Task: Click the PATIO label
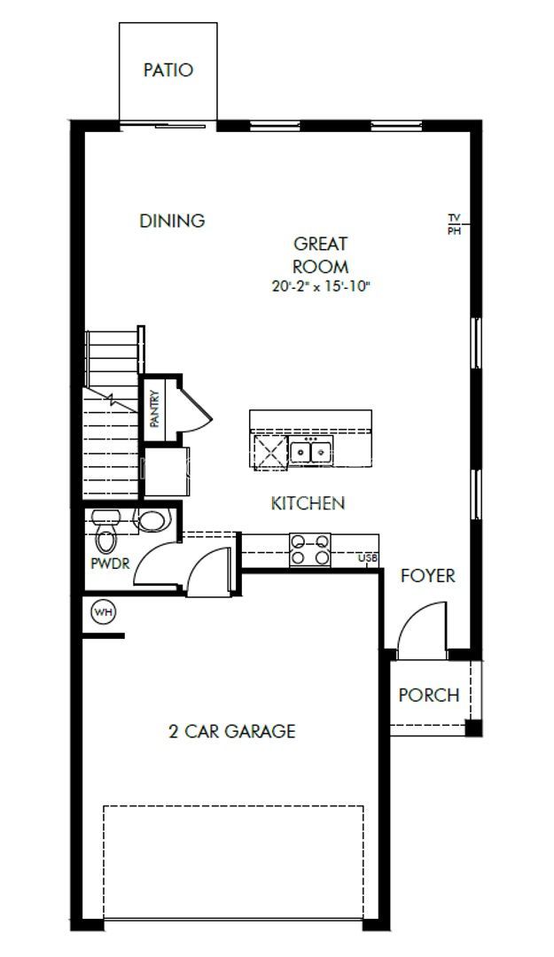(x=168, y=70)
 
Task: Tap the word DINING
(x=172, y=221)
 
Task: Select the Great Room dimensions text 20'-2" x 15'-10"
(x=320, y=286)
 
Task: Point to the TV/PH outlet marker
(x=454, y=223)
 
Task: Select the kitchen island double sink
(x=309, y=452)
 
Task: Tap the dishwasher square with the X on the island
(x=269, y=452)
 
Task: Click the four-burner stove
(x=309, y=549)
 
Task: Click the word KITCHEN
(x=307, y=503)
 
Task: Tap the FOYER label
(x=427, y=576)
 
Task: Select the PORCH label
(x=428, y=695)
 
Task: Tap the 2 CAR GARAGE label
(x=231, y=731)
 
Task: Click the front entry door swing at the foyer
(x=421, y=629)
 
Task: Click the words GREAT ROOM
(x=320, y=253)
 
